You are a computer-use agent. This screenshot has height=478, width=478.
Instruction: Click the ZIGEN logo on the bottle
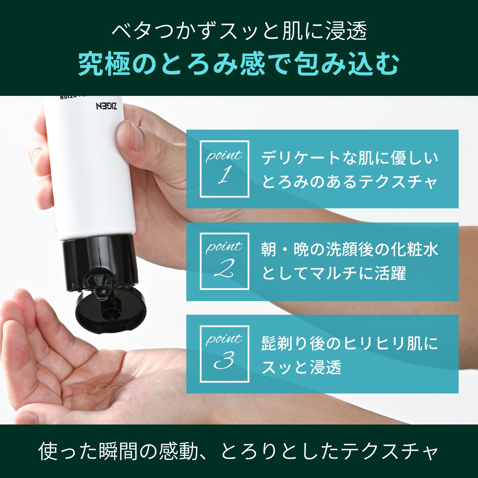click(106, 106)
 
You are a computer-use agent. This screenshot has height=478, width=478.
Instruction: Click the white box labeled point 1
click(224, 169)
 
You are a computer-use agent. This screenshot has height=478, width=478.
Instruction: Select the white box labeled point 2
click(224, 261)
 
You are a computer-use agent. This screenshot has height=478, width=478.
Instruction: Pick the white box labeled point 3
click(224, 354)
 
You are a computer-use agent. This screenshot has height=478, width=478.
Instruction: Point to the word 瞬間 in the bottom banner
click(118, 451)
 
